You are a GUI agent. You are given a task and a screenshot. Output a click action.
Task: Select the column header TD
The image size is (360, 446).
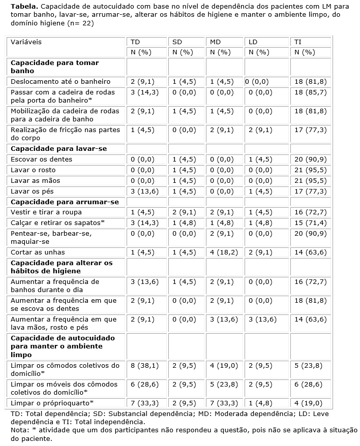(x=135, y=42)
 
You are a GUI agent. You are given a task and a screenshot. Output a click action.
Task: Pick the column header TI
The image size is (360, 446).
(x=298, y=42)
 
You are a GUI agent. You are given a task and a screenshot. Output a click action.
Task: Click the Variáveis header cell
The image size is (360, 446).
(x=26, y=42)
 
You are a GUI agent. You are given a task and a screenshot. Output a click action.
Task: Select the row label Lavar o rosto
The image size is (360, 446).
(x=33, y=170)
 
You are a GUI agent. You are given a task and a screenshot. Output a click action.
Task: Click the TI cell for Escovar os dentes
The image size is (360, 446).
(x=310, y=160)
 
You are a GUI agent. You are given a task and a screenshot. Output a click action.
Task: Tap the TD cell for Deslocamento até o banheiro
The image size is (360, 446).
(x=143, y=81)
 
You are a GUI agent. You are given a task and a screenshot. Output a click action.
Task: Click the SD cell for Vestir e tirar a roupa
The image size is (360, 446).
(x=184, y=212)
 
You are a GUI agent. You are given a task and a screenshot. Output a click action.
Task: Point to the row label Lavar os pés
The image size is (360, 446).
(x=32, y=192)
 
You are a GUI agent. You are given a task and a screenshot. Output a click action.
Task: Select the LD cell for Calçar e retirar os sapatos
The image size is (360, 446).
(x=260, y=223)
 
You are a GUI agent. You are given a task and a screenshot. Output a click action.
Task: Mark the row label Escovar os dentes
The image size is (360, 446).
(x=42, y=160)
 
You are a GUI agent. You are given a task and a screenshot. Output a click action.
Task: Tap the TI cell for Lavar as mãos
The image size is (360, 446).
(x=310, y=181)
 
